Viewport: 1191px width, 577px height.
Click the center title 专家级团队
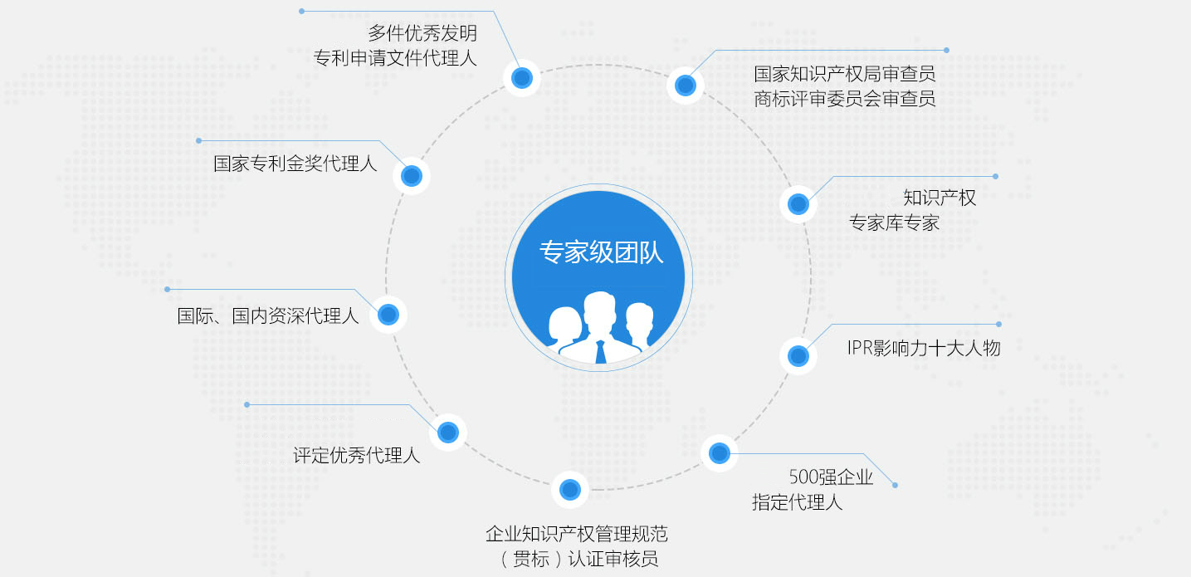602,252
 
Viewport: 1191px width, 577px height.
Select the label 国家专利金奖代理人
295,164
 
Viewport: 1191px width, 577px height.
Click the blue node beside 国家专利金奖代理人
412,176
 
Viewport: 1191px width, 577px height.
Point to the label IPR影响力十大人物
924,348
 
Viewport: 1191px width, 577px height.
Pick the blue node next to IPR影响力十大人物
798,356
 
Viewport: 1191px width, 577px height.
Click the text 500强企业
831,477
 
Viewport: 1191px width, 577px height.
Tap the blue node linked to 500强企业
720,453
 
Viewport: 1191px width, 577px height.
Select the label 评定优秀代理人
356,455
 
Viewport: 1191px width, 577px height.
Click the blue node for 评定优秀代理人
448,433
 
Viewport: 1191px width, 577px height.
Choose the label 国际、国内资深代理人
268,315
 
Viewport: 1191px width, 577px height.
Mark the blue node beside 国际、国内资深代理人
388,315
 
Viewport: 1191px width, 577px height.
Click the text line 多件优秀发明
422,33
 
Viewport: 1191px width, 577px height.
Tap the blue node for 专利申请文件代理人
522,78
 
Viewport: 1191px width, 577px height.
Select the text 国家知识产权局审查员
845,74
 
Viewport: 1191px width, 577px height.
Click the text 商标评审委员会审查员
845,99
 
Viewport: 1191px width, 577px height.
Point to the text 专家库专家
895,222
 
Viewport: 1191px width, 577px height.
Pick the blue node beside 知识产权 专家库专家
798,204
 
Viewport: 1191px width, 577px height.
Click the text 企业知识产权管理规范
577,534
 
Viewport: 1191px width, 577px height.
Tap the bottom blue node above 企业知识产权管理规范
570,490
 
